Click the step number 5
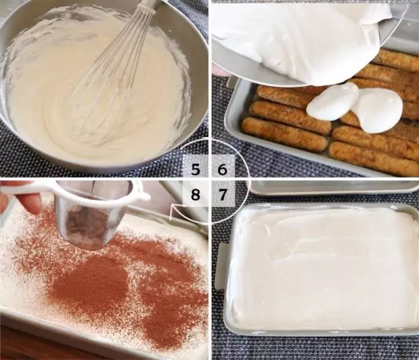pos(196,170)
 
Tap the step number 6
pos(222,170)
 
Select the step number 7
pos(222,194)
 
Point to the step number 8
pos(196,194)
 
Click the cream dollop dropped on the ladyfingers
pos(355,107)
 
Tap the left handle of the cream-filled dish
pos(221,266)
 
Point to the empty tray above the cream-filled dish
pos(334,187)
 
